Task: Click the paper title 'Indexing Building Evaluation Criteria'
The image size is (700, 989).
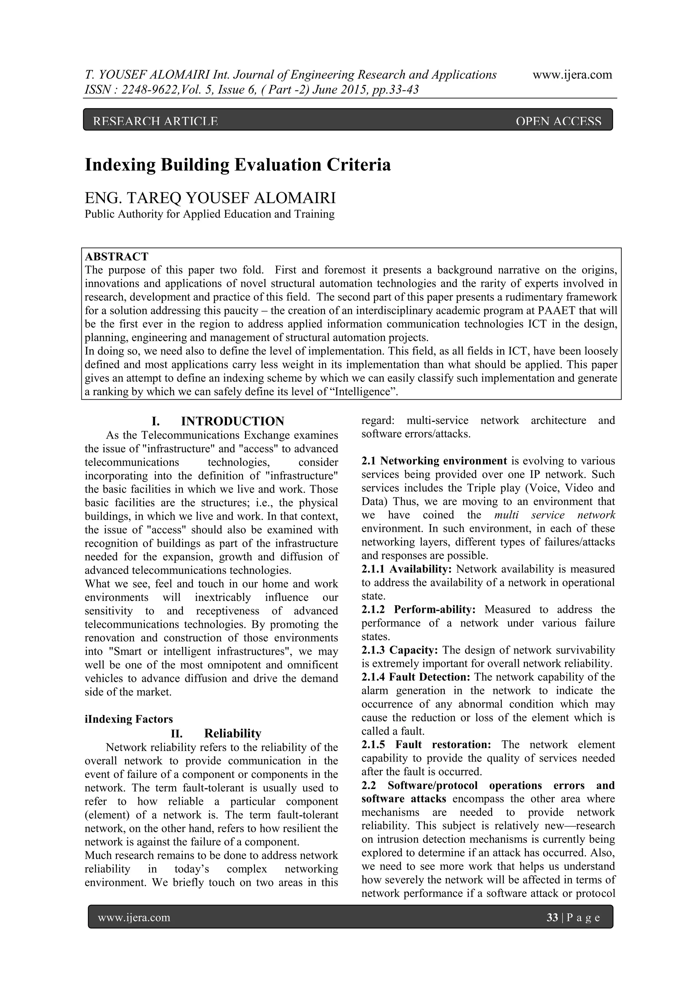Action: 238,165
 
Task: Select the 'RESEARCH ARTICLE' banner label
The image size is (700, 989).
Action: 155,122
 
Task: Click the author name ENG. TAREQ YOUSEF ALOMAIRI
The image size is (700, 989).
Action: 210,198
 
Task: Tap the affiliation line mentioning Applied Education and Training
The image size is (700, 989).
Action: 210,214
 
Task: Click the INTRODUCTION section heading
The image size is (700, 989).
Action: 232,421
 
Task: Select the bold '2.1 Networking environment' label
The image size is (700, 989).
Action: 434,461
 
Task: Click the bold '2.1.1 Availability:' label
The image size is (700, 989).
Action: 406,569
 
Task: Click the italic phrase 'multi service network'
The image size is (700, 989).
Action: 554,515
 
